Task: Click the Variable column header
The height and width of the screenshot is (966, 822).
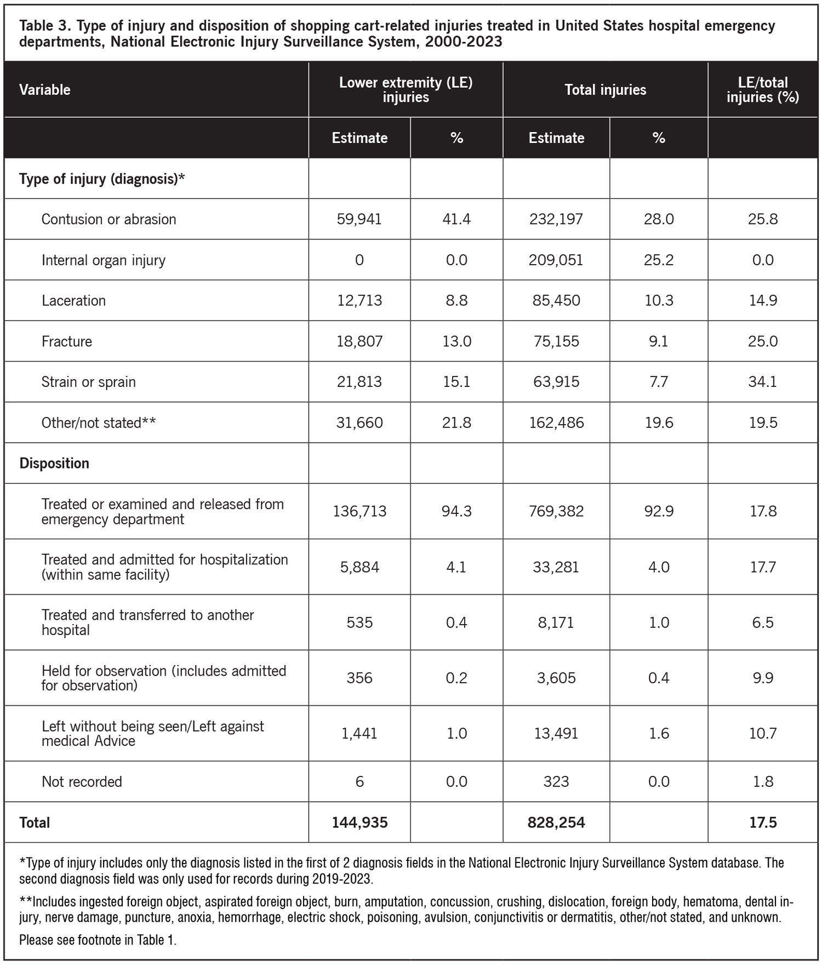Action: (x=45, y=90)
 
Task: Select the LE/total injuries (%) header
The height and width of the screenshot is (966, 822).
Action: (x=762, y=90)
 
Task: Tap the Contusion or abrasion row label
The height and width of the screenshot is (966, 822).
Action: (x=109, y=219)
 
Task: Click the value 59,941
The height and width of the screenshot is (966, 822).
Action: (x=359, y=219)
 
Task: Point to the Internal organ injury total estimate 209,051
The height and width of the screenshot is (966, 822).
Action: (x=556, y=260)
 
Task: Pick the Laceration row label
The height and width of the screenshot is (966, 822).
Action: (x=73, y=300)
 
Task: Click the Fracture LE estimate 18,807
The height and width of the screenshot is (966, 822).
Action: (x=359, y=341)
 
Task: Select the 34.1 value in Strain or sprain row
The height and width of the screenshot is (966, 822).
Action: (x=762, y=382)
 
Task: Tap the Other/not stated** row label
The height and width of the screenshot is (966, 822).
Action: (x=99, y=422)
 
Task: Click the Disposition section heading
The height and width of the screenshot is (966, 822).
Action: (x=54, y=463)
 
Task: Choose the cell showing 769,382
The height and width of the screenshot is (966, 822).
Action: (x=556, y=511)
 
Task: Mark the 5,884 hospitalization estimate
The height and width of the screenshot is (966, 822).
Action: (x=359, y=567)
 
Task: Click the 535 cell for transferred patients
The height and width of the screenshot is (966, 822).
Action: (x=359, y=622)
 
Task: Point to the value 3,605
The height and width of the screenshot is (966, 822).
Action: (x=556, y=678)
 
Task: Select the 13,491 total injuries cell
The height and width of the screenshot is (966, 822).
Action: (x=556, y=733)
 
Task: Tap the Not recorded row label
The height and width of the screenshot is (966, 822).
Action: (x=82, y=781)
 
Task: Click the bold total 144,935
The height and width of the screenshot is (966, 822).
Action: (x=359, y=822)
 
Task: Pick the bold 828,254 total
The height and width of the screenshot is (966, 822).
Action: (x=556, y=822)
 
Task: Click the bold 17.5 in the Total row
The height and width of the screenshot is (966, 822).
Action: (x=762, y=822)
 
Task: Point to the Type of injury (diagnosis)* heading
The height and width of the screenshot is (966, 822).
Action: (x=102, y=179)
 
